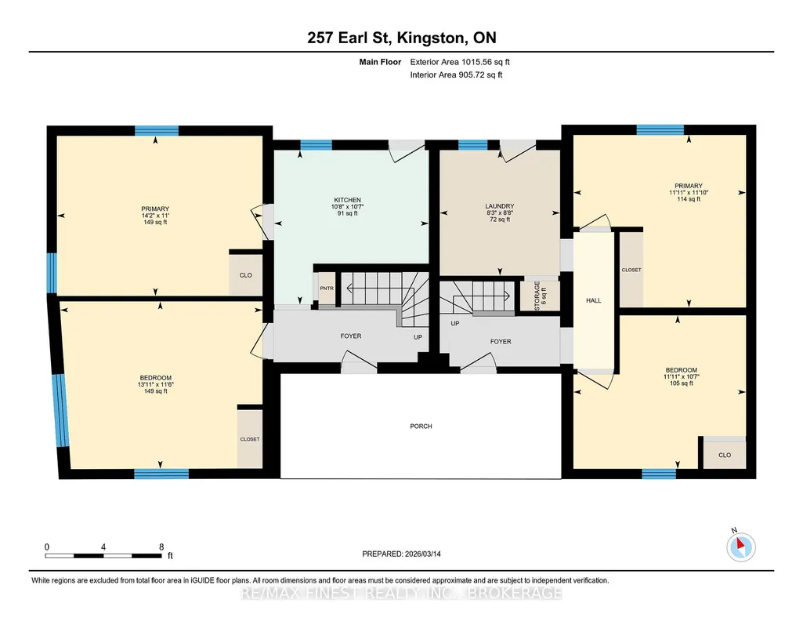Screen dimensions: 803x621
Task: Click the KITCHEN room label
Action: click(x=348, y=200)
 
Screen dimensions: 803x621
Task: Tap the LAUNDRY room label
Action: click(x=500, y=206)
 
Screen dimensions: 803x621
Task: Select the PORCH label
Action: click(x=421, y=427)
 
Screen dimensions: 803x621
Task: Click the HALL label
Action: click(x=594, y=301)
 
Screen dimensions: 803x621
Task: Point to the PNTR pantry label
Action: click(x=327, y=289)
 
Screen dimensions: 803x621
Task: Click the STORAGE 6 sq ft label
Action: click(x=541, y=296)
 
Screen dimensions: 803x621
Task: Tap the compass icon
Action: click(x=740, y=547)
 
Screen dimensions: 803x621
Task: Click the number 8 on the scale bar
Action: click(x=161, y=547)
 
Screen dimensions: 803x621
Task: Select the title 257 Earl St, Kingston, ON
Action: click(x=401, y=38)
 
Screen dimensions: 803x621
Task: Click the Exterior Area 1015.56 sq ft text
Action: click(x=460, y=62)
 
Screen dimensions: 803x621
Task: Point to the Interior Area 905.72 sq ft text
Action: click(x=456, y=74)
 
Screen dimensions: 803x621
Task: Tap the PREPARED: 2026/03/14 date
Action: click(x=401, y=554)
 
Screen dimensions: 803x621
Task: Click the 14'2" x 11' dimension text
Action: click(x=155, y=216)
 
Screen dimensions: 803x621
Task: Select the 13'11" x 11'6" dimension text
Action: click(x=156, y=384)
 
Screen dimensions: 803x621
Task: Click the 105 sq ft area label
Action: click(x=681, y=383)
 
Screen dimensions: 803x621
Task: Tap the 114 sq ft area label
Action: click(x=689, y=199)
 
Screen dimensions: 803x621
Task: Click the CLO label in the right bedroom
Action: click(x=725, y=455)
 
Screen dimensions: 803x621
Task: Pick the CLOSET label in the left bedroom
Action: click(x=250, y=439)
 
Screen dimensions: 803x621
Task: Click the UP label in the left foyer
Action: click(x=418, y=338)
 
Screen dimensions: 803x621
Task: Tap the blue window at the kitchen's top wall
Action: click(x=316, y=145)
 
